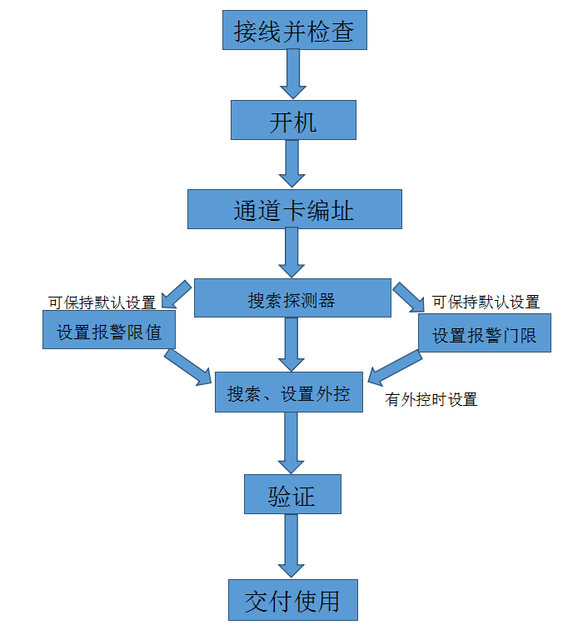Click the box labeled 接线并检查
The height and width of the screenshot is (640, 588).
[294, 31]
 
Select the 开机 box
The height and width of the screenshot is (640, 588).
[293, 121]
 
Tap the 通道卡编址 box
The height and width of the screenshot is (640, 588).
[294, 209]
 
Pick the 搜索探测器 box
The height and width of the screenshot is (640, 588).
[292, 298]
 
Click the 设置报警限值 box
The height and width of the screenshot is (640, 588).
[108, 330]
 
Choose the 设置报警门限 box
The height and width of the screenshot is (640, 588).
[483, 333]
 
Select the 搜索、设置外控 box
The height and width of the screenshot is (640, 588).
[288, 392]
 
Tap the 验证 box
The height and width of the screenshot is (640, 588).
[292, 494]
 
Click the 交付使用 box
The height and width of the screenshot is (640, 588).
[292, 600]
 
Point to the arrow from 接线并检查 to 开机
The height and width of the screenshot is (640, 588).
[293, 73]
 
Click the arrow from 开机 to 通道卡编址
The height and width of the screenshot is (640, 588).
[292, 163]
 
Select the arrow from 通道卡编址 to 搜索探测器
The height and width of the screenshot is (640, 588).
[292, 252]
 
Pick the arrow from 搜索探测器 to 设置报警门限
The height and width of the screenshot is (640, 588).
[408, 296]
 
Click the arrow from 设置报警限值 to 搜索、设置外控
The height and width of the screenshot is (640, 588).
[187, 367]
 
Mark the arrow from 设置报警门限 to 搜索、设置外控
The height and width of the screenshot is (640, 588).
[395, 367]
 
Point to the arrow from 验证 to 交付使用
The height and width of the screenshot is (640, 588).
[292, 546]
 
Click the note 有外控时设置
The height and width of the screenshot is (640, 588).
[431, 400]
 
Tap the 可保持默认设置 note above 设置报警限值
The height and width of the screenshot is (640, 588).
[102, 302]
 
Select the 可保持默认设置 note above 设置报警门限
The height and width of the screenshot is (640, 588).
[486, 302]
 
